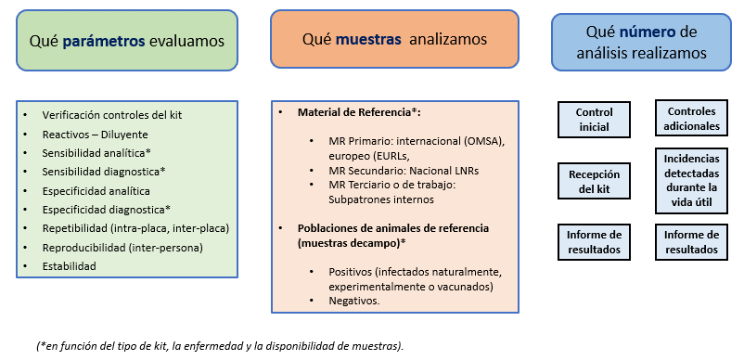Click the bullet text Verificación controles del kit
111,114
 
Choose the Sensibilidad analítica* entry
96,152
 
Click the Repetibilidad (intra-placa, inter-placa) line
135,228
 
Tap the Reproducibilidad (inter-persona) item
122,247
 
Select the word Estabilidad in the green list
69,265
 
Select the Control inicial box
594,119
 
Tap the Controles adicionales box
692,118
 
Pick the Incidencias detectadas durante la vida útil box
692,181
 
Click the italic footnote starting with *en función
220,345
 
